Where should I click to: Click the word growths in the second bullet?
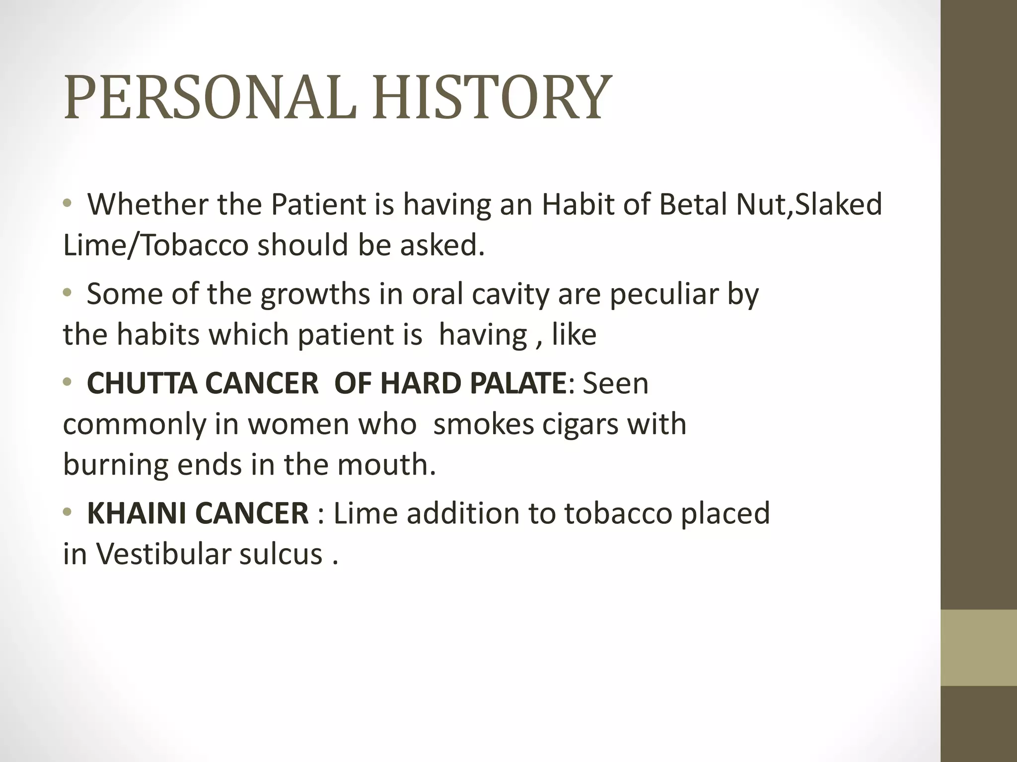coord(315,294)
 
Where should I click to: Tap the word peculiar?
coord(664,294)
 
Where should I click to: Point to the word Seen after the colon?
coord(616,383)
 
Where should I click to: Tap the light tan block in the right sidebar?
coord(979,647)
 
